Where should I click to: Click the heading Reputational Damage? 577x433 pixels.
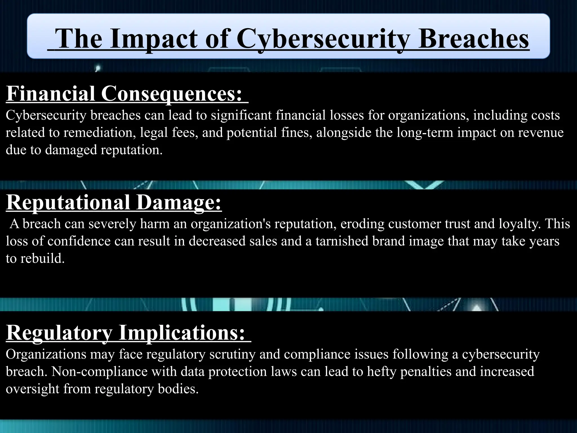(114, 202)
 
